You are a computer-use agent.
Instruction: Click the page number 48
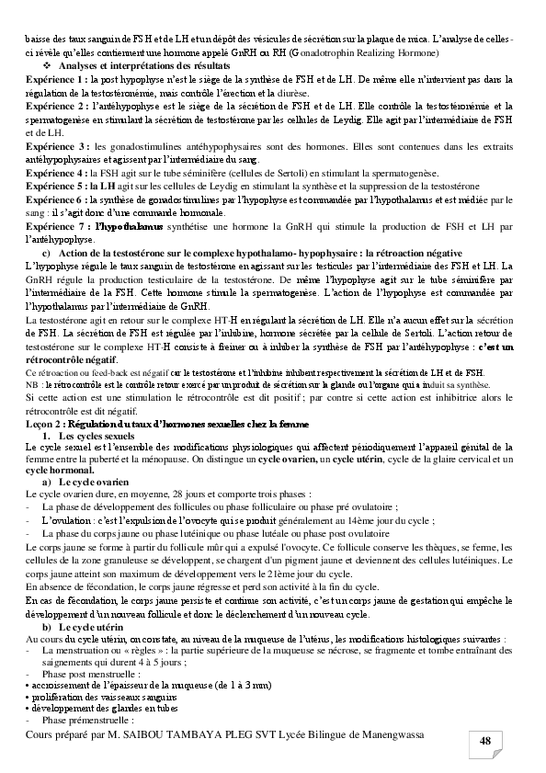tap(486, 743)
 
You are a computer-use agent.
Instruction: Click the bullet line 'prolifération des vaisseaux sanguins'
tap(97, 697)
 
